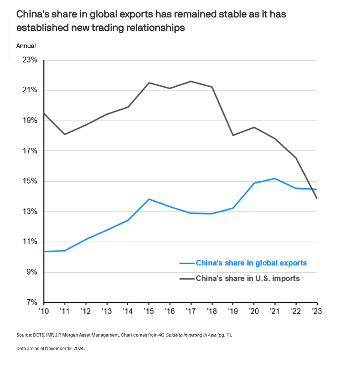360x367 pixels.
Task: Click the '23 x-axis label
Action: pos(317,311)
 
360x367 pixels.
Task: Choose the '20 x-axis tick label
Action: pos(254,311)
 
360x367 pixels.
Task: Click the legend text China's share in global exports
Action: pos(251,263)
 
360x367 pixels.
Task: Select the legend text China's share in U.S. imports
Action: pos(247,278)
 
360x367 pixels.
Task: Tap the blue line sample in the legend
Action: pos(186,263)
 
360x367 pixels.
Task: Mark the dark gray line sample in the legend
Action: pos(186,279)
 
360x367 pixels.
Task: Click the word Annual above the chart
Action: pos(26,46)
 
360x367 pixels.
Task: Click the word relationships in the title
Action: pos(156,28)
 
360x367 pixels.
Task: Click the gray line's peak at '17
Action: pos(191,81)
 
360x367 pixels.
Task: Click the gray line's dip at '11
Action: pos(65,134)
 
